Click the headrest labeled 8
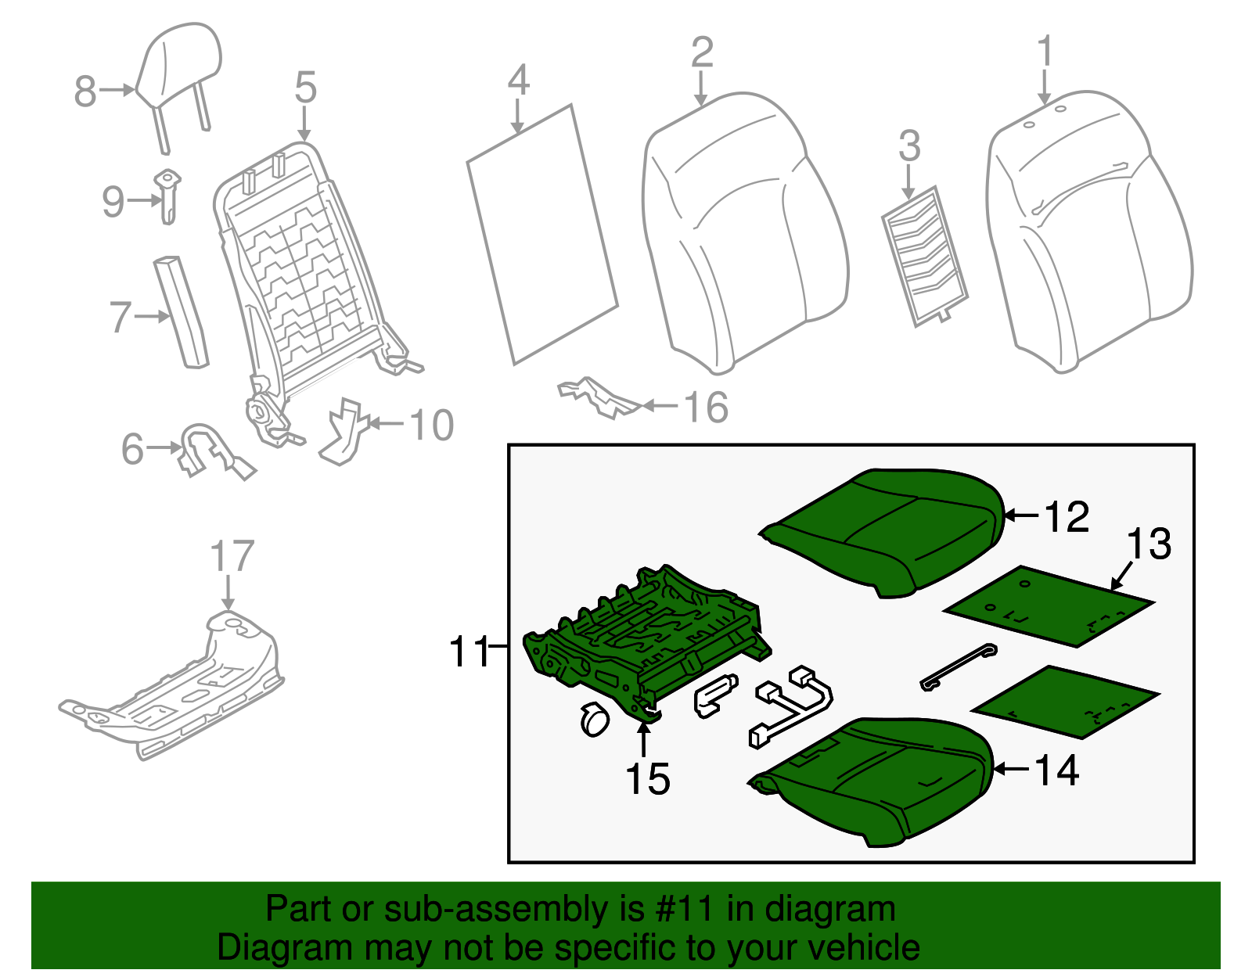[179, 66]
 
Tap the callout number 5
[305, 87]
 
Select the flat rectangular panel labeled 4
[542, 235]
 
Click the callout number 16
[705, 408]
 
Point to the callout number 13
[1149, 544]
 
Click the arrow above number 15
[643, 739]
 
